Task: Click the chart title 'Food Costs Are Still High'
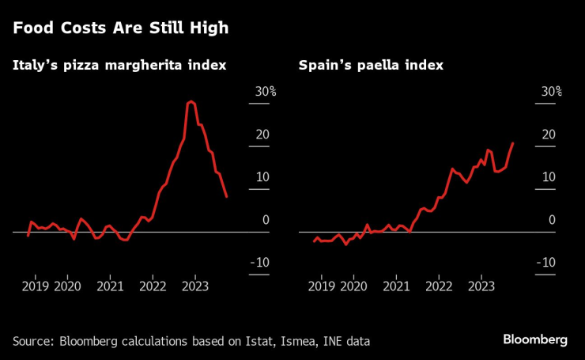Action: click(120, 28)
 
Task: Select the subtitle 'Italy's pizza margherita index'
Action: click(119, 65)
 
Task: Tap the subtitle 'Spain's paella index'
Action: click(370, 65)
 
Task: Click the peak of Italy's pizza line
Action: click(191, 101)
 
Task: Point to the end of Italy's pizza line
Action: click(227, 197)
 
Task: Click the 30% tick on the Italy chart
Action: click(265, 92)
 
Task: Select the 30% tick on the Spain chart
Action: click(551, 92)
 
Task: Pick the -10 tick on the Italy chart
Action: click(260, 263)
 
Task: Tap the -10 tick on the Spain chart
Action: click(546, 263)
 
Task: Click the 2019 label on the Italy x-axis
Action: click(36, 286)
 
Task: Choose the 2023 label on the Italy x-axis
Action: click(194, 286)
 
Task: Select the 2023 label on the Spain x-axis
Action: click(481, 286)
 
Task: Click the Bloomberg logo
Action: click(535, 339)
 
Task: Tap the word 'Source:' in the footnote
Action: click(34, 341)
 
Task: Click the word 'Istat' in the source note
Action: click(255, 341)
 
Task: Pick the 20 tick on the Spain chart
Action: click(548, 135)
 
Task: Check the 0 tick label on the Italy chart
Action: click(265, 220)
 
